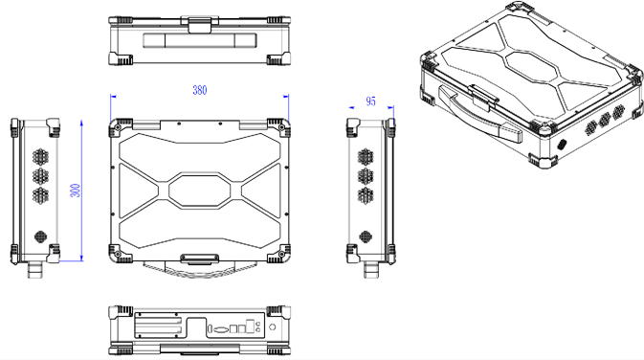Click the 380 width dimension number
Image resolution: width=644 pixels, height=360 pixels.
(x=200, y=90)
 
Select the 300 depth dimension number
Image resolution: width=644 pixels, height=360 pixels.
(x=76, y=191)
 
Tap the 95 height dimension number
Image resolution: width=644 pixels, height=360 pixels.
(x=370, y=101)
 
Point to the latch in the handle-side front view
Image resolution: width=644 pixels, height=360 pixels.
(x=200, y=25)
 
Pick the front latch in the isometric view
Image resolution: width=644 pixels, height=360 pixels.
(x=485, y=98)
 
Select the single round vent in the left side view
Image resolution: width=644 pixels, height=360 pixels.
(x=40, y=236)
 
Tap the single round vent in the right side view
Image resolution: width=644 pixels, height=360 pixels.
(x=366, y=236)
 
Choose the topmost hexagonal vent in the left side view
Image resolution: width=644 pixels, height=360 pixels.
(x=40, y=157)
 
